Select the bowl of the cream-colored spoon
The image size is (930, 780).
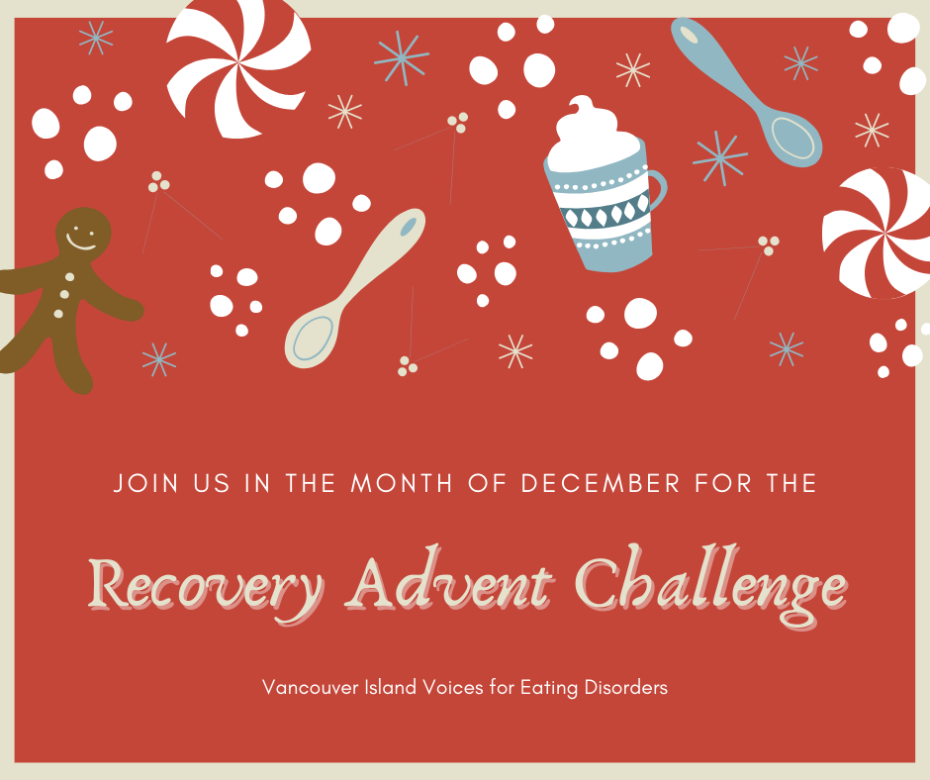[314, 337]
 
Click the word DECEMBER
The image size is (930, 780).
[601, 484]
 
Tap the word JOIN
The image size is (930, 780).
[143, 484]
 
